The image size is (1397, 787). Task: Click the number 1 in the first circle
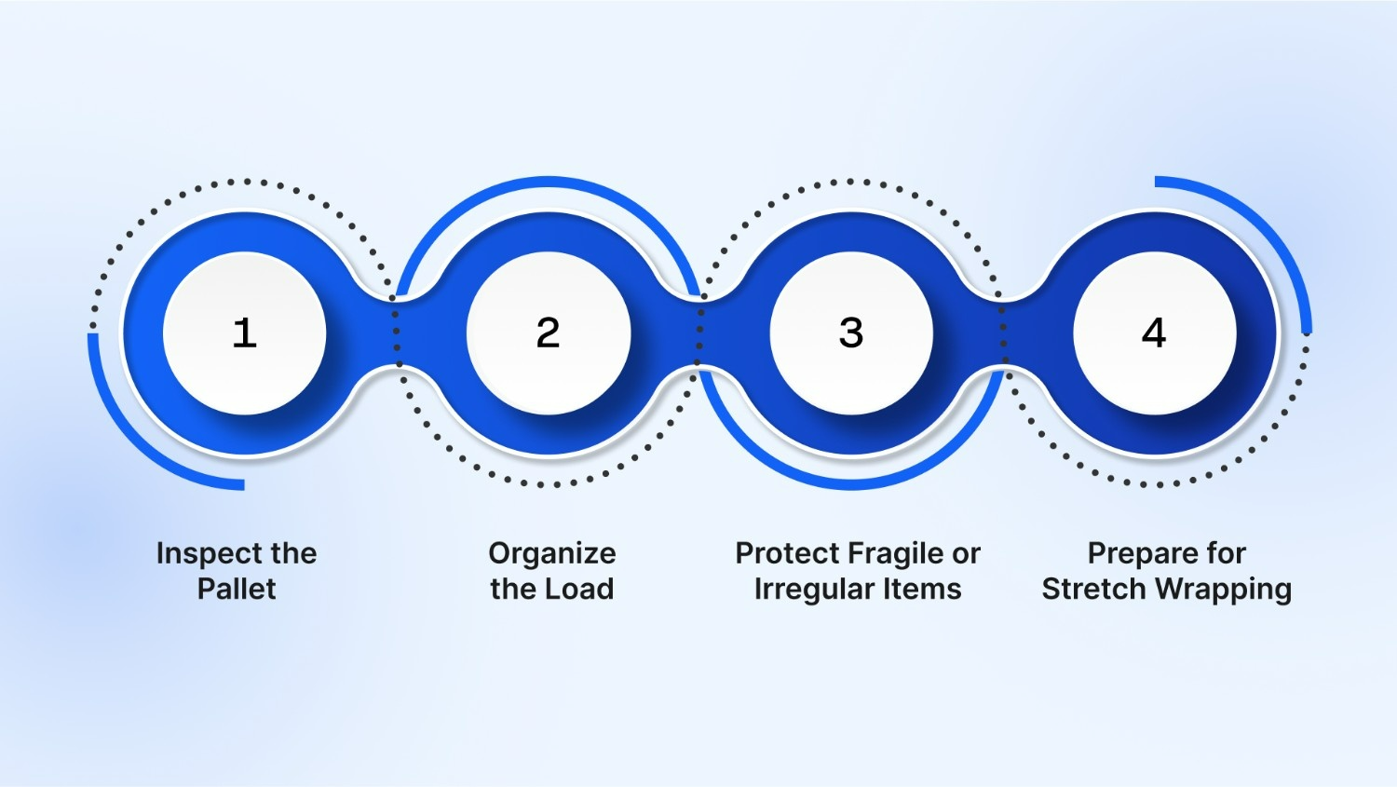point(244,332)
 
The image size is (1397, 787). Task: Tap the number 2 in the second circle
point(548,332)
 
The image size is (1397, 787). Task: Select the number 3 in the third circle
point(851,332)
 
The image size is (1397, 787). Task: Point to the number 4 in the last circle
point(1154,332)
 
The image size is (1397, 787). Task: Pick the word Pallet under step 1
point(237,589)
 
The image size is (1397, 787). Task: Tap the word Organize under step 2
point(552,554)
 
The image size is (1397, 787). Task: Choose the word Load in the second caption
point(579,589)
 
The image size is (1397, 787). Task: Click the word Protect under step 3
point(787,553)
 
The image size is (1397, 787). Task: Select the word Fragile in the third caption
point(893,554)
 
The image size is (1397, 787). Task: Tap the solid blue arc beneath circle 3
point(851,484)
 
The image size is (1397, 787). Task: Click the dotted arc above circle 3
point(851,182)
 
